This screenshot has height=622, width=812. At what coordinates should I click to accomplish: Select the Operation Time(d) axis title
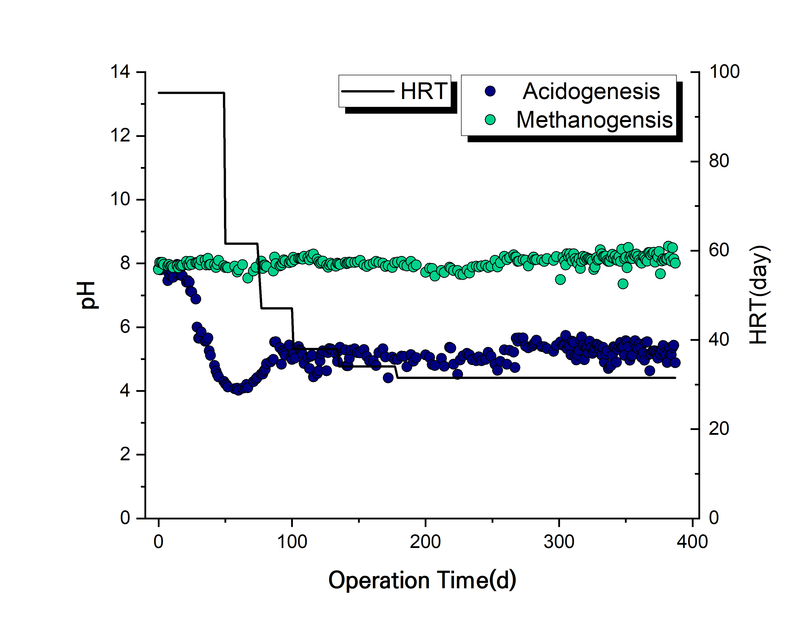[x=422, y=580]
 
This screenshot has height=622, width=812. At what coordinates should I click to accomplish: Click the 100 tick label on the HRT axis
[x=724, y=72]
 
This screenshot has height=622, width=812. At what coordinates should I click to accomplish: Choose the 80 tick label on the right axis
[x=719, y=161]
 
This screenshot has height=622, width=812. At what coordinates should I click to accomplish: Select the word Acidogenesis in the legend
[x=591, y=91]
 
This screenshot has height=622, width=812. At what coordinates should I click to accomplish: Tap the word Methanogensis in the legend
[x=594, y=120]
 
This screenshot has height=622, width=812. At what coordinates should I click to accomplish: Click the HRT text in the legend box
[x=424, y=91]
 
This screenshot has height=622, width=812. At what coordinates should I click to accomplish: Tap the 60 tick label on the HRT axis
[x=719, y=251]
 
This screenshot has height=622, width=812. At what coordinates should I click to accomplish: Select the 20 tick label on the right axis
[x=719, y=429]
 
